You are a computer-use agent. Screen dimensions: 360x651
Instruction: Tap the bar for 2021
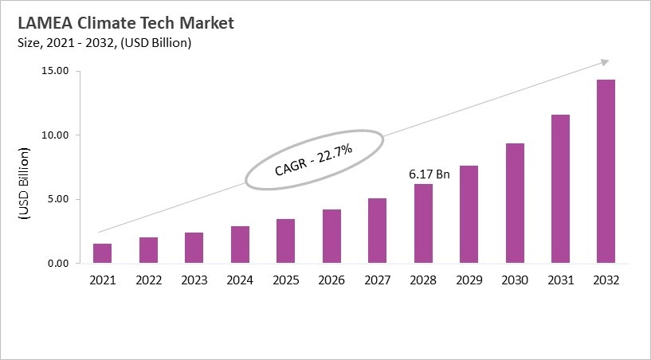102,253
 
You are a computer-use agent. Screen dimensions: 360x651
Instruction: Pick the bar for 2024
240,245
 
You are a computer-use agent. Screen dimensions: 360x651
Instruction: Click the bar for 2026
331,236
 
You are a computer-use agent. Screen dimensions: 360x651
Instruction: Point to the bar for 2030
515,203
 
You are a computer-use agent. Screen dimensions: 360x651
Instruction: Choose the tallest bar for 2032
606,171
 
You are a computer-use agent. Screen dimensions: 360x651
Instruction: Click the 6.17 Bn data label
429,173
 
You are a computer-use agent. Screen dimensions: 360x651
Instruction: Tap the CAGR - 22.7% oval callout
313,159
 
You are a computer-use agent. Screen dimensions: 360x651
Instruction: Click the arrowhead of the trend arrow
606,61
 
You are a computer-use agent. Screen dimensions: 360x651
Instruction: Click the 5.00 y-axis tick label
58,199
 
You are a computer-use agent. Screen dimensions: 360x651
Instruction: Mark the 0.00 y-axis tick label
58,264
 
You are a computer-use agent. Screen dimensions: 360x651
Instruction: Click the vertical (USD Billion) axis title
23,184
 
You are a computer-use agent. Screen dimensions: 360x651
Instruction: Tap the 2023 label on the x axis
194,280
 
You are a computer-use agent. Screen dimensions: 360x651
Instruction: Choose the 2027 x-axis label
377,280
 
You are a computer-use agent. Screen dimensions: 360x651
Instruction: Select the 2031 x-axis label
560,280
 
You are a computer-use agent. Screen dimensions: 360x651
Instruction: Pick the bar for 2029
469,214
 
